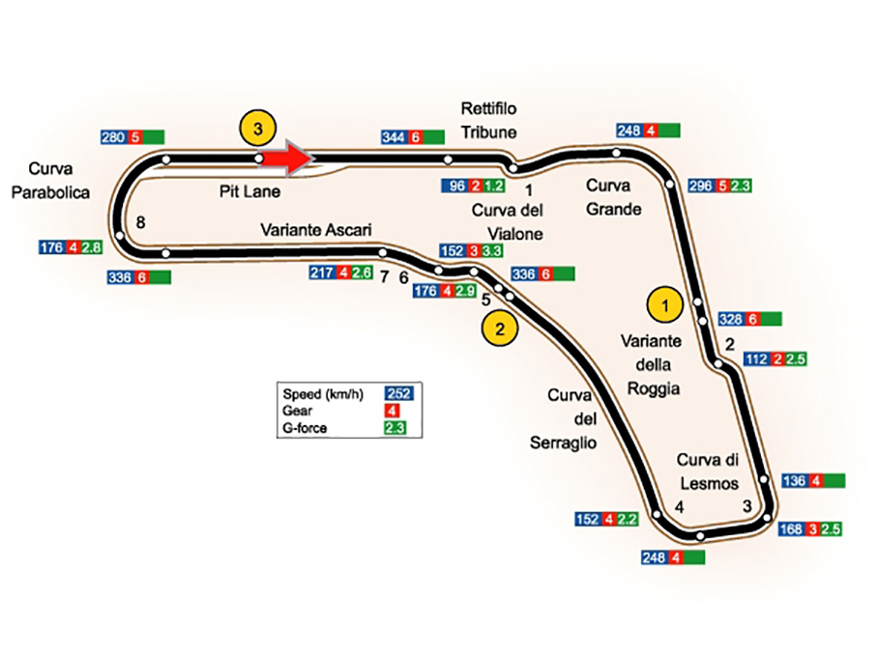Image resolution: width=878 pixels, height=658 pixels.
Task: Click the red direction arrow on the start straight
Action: tap(288, 157)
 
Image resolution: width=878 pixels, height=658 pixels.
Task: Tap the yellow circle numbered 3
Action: tap(257, 127)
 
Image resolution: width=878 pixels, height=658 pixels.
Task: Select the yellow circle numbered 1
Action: tap(664, 303)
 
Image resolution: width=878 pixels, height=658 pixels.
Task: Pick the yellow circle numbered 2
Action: tap(500, 329)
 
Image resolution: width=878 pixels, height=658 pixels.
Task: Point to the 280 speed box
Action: tap(113, 137)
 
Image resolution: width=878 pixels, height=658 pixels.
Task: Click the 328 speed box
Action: tap(732, 319)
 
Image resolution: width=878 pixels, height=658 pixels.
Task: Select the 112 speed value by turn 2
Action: tap(757, 359)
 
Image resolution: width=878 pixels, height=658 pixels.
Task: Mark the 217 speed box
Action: tap(323, 273)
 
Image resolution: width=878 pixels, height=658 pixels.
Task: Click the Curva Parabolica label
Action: tap(50, 181)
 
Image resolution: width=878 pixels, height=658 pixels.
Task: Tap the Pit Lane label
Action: tap(249, 191)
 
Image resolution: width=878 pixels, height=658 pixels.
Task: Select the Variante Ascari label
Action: tap(315, 230)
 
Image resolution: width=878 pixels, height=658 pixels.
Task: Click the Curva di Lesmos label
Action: tap(708, 472)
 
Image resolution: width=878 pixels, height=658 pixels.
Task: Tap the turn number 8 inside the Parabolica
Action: tap(141, 223)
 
